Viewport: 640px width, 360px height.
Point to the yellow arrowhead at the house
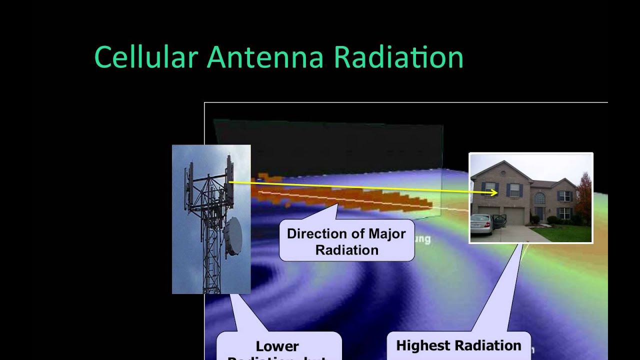tap(494, 192)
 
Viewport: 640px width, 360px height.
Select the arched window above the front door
tap(540, 198)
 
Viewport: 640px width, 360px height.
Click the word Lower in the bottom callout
tap(277, 346)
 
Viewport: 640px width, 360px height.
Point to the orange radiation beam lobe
tap(350, 197)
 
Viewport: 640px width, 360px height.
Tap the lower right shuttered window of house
tap(564, 213)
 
